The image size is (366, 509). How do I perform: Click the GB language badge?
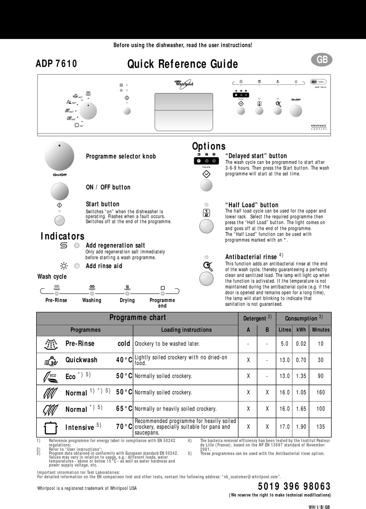(x=322, y=60)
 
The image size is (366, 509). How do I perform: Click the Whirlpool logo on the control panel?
(x=184, y=83)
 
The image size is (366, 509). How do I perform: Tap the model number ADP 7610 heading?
(x=56, y=64)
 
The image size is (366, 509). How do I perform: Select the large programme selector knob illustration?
(x=59, y=156)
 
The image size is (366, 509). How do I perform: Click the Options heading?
(x=209, y=146)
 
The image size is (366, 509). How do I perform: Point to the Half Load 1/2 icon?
(x=206, y=213)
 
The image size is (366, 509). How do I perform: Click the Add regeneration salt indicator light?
(x=77, y=245)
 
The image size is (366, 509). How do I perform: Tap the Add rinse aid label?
(x=104, y=266)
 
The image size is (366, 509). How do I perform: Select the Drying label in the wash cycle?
(x=127, y=300)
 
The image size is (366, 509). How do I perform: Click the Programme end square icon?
(x=163, y=288)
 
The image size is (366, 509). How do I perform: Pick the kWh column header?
(x=301, y=330)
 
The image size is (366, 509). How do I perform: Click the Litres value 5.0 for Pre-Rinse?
(x=284, y=344)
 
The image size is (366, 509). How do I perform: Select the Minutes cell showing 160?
(x=321, y=392)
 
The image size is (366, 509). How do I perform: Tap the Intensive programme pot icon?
(x=51, y=427)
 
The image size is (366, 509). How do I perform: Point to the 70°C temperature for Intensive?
(x=124, y=427)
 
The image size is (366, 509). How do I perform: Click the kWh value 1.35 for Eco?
(x=301, y=376)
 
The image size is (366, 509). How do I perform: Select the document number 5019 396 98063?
(x=294, y=486)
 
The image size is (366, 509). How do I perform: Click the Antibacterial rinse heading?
(x=251, y=257)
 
